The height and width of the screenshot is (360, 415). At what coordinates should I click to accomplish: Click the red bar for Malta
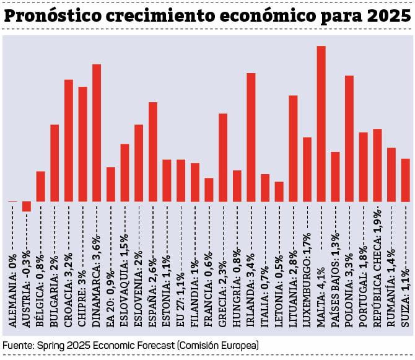321,124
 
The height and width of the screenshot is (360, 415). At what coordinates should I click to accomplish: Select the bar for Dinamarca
97,133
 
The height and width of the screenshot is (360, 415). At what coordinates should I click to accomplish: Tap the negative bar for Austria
27,206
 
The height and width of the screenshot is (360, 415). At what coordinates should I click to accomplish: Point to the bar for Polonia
349,139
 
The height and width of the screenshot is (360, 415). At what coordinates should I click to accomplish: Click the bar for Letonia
279,191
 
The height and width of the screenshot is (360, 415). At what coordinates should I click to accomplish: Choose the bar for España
153,152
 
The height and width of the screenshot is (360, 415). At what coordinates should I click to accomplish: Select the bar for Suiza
405,180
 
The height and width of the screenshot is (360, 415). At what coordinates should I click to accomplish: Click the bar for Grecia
223,157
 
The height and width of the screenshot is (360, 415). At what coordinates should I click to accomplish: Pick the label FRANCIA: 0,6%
209,294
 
